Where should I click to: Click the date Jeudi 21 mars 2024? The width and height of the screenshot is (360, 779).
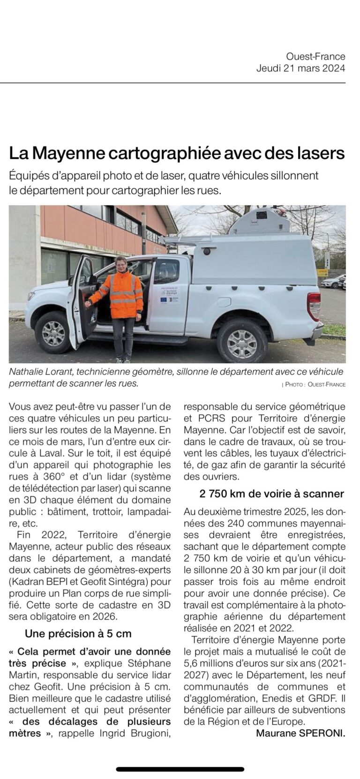pyautogui.click(x=300, y=68)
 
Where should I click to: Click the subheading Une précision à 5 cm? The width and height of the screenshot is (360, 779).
pyautogui.click(x=78, y=634)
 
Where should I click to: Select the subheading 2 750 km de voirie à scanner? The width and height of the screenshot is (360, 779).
pyautogui.click(x=271, y=494)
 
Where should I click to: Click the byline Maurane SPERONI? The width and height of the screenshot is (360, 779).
pyautogui.click(x=300, y=734)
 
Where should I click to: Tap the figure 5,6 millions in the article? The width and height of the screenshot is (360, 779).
pyautogui.click(x=210, y=663)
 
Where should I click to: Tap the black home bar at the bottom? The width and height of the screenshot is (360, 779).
pyautogui.click(x=180, y=769)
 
